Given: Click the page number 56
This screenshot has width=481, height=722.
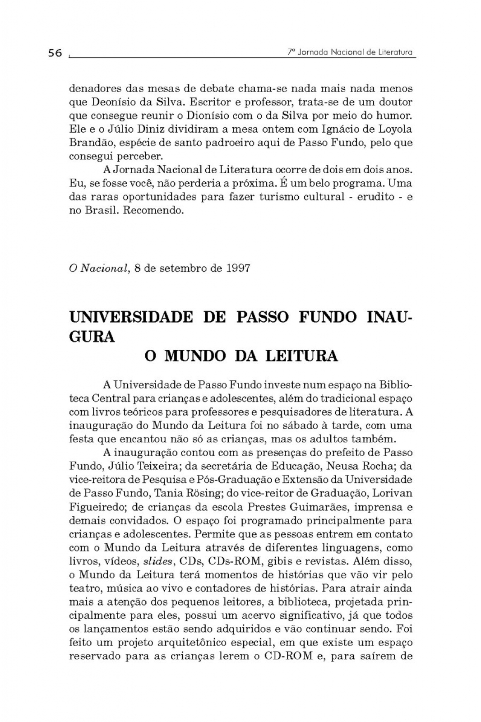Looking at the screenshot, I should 55,53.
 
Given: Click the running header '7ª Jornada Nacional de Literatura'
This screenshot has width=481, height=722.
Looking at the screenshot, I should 350,52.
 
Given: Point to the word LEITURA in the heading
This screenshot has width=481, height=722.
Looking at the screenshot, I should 301,356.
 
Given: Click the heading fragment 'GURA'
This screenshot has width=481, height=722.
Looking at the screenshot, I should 92,337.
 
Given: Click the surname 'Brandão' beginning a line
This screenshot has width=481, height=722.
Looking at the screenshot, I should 88,143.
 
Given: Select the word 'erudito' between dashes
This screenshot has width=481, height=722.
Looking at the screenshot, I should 376,197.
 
